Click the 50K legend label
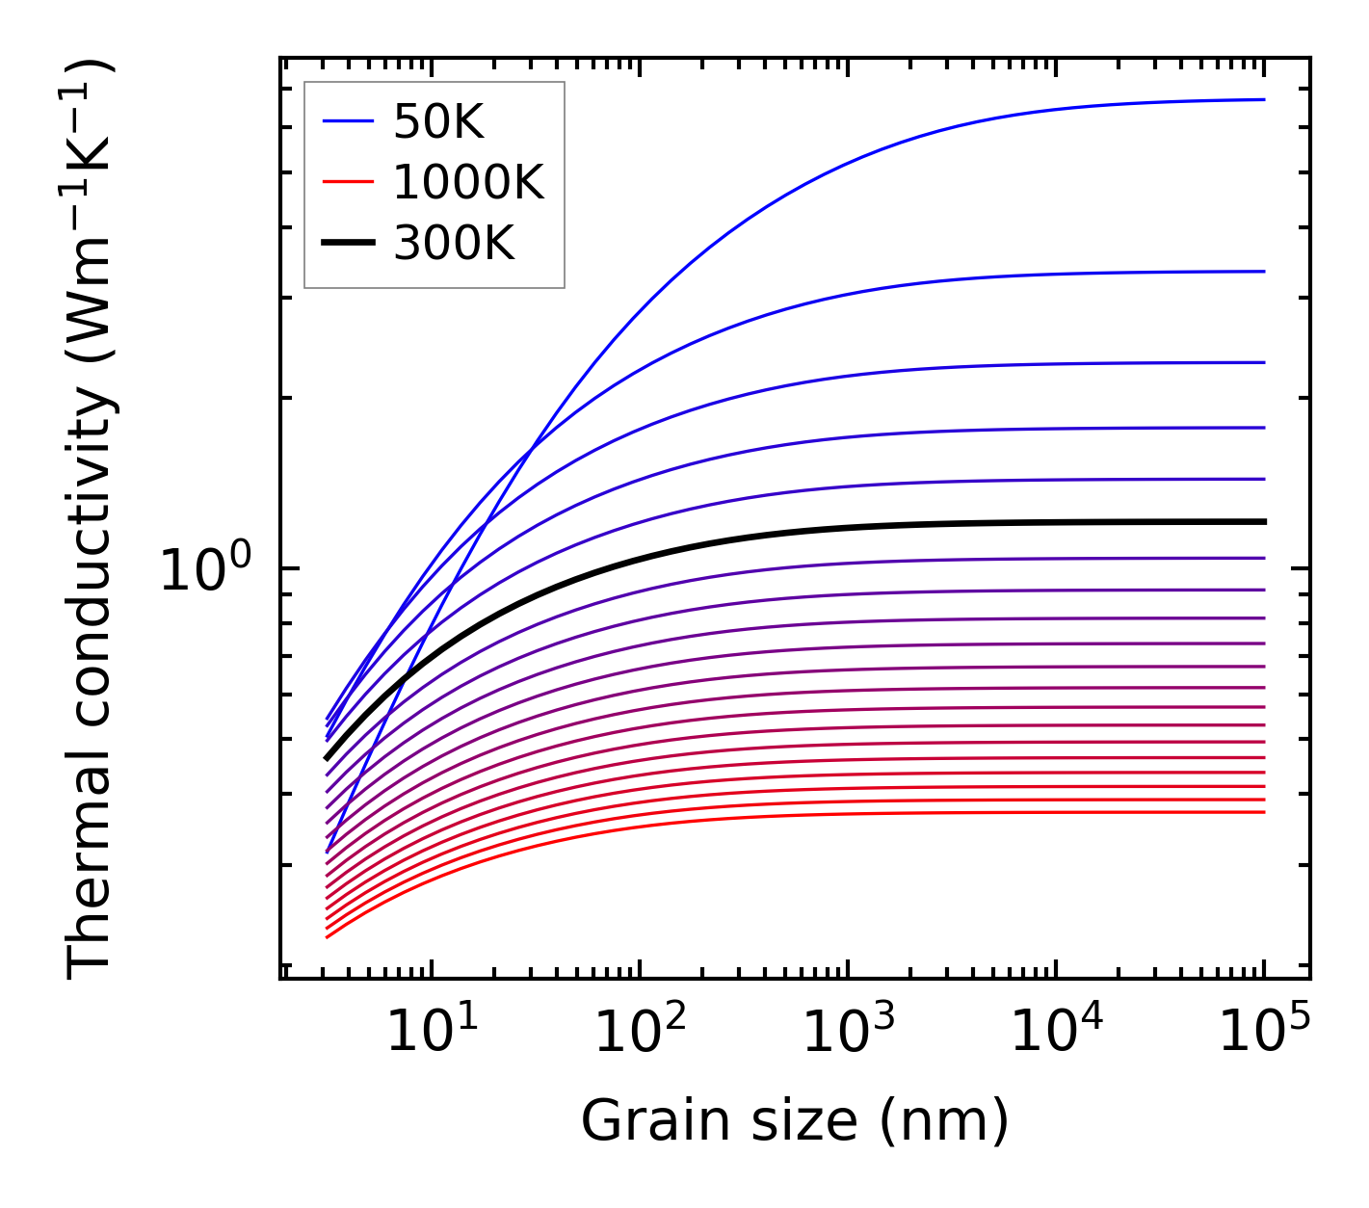point(438,121)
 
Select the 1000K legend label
point(468,182)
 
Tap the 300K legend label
point(454,244)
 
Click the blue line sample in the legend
point(347,121)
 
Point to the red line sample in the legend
point(347,182)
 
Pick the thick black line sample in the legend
point(347,244)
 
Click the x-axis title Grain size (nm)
point(795,1121)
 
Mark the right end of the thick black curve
point(1263,521)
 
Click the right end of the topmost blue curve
point(1263,99)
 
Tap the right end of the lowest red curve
point(1263,812)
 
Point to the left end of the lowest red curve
point(328,936)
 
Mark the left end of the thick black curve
point(327,759)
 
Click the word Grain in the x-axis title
point(639,1121)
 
